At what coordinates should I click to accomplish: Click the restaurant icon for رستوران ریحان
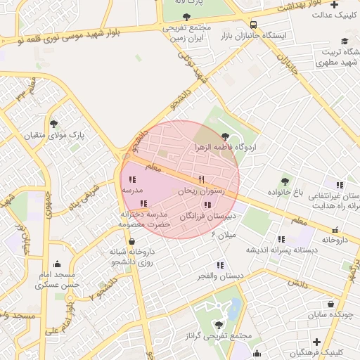click(x=202, y=179)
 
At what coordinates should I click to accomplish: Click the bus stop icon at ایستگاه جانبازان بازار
click(x=253, y=25)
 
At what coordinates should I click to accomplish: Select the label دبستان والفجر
click(x=220, y=276)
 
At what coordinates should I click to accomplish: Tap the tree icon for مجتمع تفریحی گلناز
click(x=218, y=325)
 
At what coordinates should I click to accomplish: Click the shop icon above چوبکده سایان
click(x=331, y=304)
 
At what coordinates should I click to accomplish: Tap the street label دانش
click(x=297, y=284)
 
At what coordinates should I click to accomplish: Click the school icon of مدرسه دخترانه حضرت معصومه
click(x=143, y=203)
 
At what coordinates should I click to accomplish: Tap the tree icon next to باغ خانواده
click(x=285, y=181)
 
